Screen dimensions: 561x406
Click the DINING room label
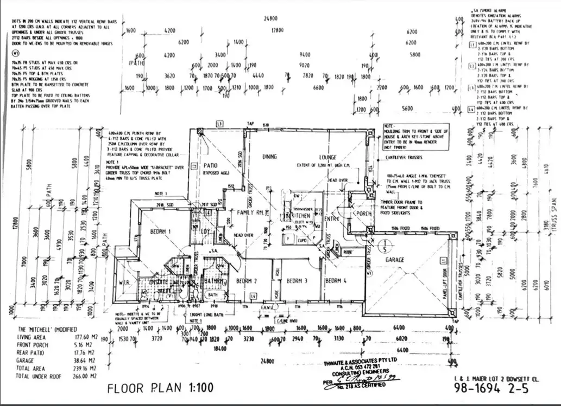pyautogui.click(x=270, y=157)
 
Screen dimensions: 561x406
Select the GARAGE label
pyautogui.click(x=395, y=260)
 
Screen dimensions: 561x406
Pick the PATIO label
pyautogui.click(x=210, y=166)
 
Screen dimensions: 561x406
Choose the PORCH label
pyautogui.click(x=363, y=213)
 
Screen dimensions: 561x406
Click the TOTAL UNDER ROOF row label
pyautogui.click(x=40, y=375)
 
